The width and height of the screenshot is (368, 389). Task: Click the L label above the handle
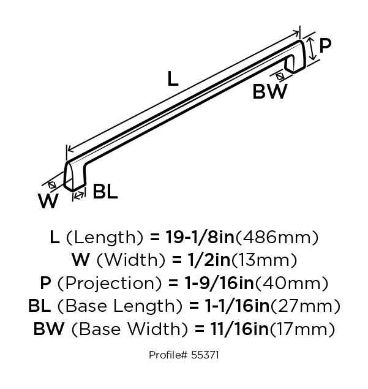pos(173,78)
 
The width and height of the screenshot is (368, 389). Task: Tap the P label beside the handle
pos(325,46)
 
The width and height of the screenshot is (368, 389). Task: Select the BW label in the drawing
pos(270,91)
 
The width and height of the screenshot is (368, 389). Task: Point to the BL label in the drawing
pos(105,192)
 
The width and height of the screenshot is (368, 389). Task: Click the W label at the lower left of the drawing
pos(48,201)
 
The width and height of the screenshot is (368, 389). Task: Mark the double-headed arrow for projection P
pos(312,48)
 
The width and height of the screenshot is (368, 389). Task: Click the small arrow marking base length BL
pos(79,195)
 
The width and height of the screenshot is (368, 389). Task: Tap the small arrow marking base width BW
pos(280,76)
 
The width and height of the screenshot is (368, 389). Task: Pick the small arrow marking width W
pos(52,185)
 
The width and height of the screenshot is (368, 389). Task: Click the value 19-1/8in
pos(200,237)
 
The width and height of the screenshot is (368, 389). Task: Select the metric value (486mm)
pos(277,238)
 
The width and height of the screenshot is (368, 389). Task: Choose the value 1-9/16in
pos(219,283)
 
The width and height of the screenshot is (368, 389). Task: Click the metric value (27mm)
pos(305,306)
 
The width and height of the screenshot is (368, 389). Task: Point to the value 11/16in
pos(239,329)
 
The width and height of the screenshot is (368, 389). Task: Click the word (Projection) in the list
pos(110,283)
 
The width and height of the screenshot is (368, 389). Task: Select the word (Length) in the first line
pos(105,238)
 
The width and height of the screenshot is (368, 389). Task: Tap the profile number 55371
pos(205,355)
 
